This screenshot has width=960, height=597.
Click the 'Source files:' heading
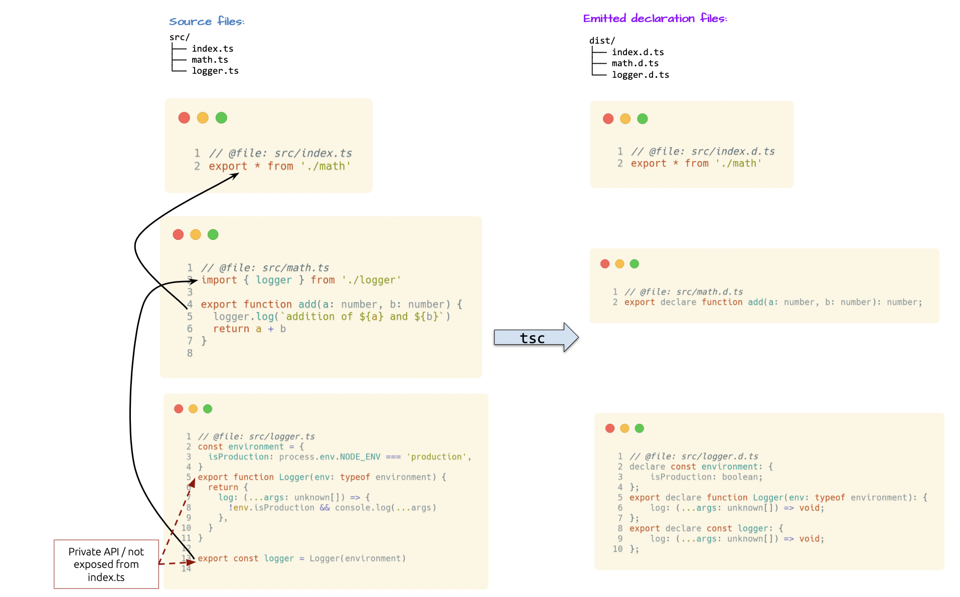(207, 22)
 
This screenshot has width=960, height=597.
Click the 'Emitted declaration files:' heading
(655, 19)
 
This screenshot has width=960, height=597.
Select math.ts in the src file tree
(210, 60)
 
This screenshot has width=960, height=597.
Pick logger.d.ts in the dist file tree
(640, 75)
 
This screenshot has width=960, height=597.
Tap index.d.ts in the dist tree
(637, 52)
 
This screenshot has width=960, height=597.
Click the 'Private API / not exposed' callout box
(106, 564)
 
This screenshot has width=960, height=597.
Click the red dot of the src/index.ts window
(184, 118)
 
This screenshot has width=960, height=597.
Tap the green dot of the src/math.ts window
(213, 234)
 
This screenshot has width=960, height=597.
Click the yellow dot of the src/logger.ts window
(193, 409)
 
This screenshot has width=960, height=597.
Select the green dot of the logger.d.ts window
(639, 428)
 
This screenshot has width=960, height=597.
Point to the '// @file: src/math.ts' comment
(265, 268)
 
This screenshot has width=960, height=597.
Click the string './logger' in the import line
(371, 280)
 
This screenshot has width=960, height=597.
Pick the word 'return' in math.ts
(231, 329)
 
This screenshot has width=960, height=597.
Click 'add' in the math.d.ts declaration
(755, 302)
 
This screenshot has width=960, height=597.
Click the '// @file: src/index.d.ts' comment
(703, 152)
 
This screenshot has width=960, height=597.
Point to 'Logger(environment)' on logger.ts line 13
(357, 558)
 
